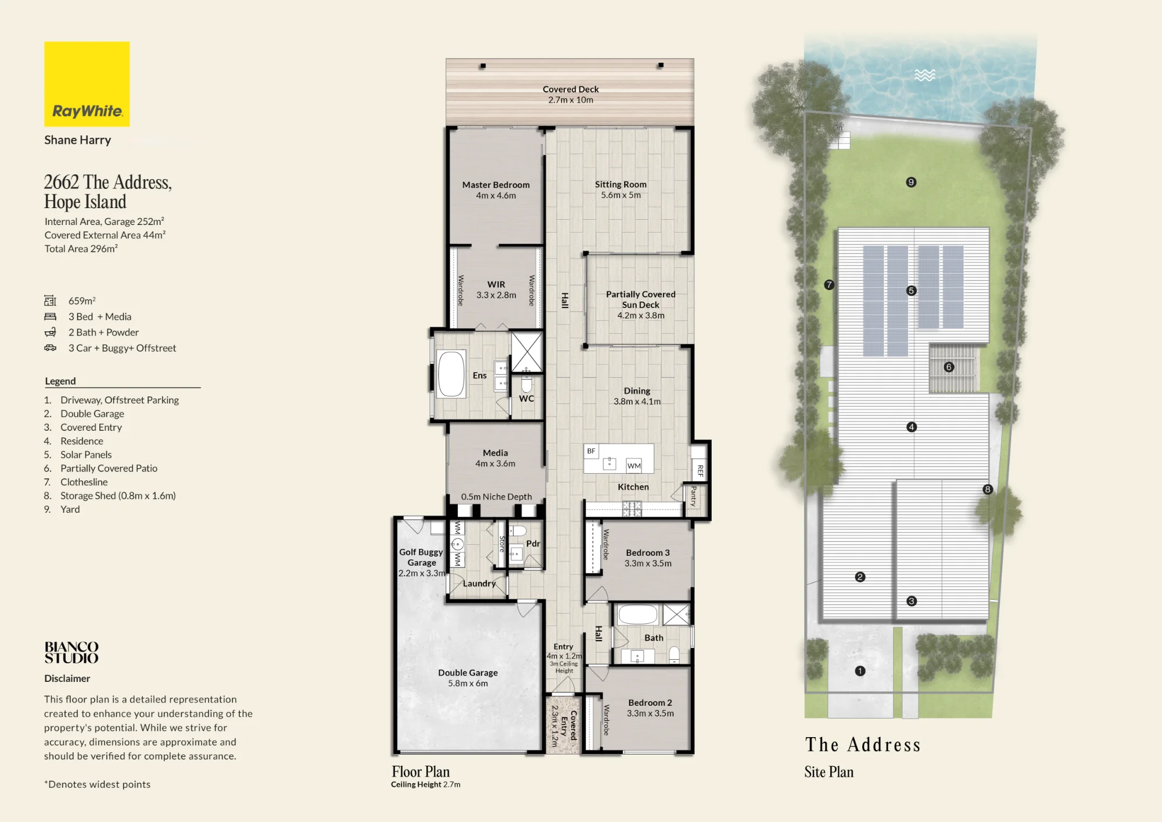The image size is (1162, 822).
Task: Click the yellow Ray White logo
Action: point(87,84)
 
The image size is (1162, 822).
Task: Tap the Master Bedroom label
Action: point(496,185)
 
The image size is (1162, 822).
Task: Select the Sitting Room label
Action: point(621,184)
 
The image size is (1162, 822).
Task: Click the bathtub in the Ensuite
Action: point(451,374)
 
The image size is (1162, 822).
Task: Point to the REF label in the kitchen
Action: point(700,471)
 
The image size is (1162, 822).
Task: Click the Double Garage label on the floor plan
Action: point(468,673)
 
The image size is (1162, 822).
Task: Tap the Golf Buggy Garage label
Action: point(421,557)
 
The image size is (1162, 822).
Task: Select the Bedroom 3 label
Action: point(648,553)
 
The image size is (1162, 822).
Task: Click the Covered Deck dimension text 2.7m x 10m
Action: point(571,100)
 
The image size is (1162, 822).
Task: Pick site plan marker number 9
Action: point(911,183)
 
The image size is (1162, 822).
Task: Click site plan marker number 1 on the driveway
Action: point(860,671)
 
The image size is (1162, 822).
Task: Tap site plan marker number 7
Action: point(829,285)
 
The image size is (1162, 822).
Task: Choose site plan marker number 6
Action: point(949,367)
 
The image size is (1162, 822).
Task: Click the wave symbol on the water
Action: point(925,75)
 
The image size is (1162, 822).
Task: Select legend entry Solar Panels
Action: point(86,455)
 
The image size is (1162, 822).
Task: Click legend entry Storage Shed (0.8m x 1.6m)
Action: point(118,496)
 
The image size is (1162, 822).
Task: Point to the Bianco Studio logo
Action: point(71,652)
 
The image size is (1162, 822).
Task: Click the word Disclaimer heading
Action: point(67,678)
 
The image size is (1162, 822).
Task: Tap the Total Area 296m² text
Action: point(81,249)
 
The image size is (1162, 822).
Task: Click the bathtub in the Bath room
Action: point(638,614)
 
